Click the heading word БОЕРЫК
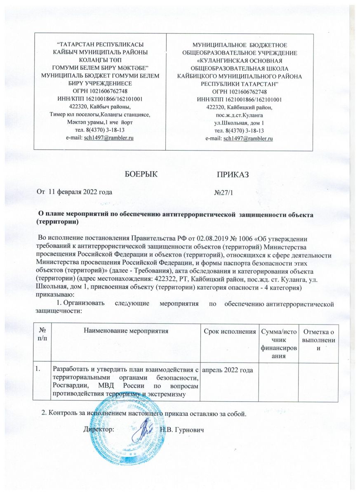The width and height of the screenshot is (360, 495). (141, 174)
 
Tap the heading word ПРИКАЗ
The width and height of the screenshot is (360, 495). (234, 174)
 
